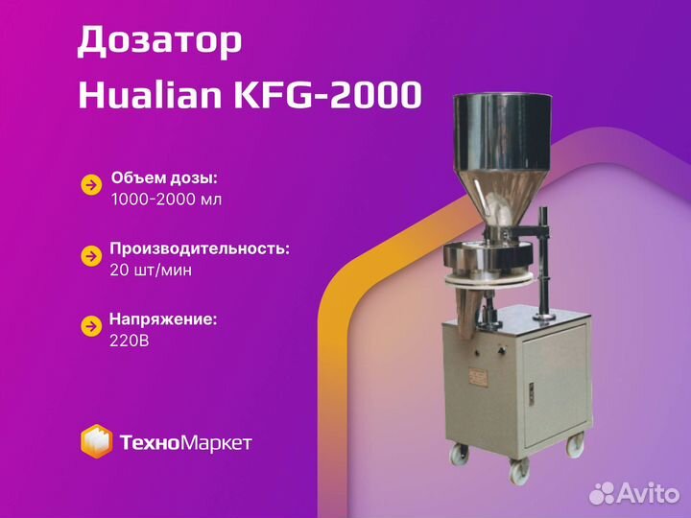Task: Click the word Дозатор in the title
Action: click(159, 41)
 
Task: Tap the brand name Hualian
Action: click(150, 95)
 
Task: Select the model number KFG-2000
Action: click(327, 95)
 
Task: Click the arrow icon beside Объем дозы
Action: click(92, 185)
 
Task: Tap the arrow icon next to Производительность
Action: click(92, 256)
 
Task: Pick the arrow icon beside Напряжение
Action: click(92, 326)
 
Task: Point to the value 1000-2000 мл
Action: click(166, 200)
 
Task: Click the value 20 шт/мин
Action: click(151, 270)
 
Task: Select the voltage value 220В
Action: click(130, 341)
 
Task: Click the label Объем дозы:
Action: click(164, 178)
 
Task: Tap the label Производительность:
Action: click(200, 248)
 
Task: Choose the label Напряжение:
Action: click(163, 319)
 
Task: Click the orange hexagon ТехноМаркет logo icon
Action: click(96, 441)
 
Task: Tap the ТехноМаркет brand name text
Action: click(185, 442)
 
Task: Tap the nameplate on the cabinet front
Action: click(478, 378)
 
